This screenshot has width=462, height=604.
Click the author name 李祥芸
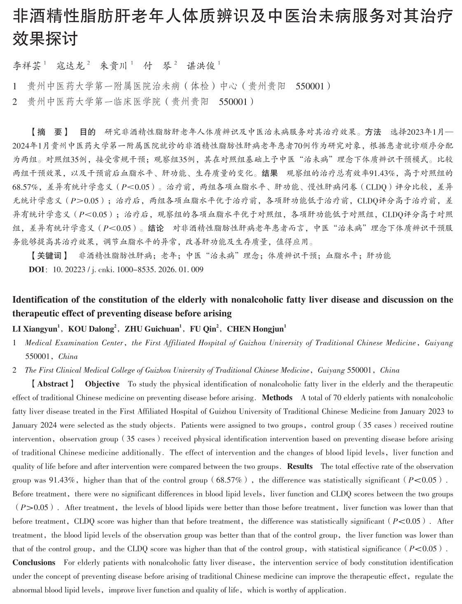tap(28, 66)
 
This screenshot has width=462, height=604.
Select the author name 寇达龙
tap(70, 66)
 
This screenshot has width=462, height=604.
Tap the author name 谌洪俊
tap(201, 66)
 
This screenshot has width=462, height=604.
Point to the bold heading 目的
tap(87, 132)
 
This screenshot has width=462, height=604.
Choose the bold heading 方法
tap(373, 132)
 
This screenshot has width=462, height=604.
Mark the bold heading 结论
tap(156, 228)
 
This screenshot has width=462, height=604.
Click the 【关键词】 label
tap(49, 256)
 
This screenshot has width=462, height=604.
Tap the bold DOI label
tap(35, 270)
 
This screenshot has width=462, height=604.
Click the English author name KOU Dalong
tap(91, 329)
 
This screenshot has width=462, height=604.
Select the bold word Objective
tap(102, 384)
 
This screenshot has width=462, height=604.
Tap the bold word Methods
tap(277, 398)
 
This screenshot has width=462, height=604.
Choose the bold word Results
tap(300, 466)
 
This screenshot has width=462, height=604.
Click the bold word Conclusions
tap(34, 563)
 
